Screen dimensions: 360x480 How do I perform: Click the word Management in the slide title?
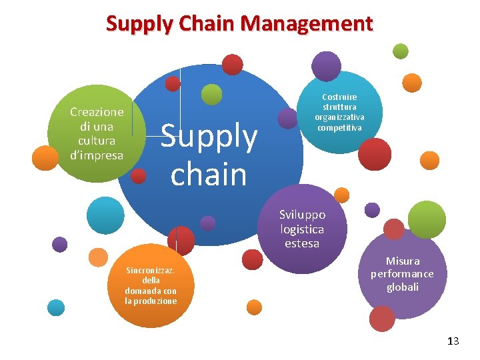click(x=307, y=24)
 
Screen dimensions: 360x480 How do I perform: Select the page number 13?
click(x=453, y=341)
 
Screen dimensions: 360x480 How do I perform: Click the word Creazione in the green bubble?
click(x=97, y=112)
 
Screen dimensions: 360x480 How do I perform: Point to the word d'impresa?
click(x=97, y=155)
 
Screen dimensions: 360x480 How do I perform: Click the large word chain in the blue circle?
click(x=209, y=174)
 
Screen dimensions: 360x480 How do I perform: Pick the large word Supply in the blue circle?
click(x=209, y=137)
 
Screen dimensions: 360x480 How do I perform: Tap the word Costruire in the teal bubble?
click(x=340, y=97)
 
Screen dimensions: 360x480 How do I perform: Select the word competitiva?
click(x=340, y=127)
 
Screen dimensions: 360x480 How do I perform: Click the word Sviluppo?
click(x=302, y=215)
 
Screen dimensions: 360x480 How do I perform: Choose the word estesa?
click(x=302, y=243)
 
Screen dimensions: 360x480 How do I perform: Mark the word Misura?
click(x=403, y=261)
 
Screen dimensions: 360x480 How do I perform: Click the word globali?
click(x=403, y=287)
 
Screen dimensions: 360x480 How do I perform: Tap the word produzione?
click(x=151, y=301)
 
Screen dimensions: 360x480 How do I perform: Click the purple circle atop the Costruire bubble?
click(x=327, y=65)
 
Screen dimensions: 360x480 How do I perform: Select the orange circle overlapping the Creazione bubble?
click(x=45, y=158)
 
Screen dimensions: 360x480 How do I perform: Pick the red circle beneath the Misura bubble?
click(x=382, y=319)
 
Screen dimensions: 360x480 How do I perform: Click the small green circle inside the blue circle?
click(x=211, y=95)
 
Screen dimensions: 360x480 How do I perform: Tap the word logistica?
click(x=302, y=229)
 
